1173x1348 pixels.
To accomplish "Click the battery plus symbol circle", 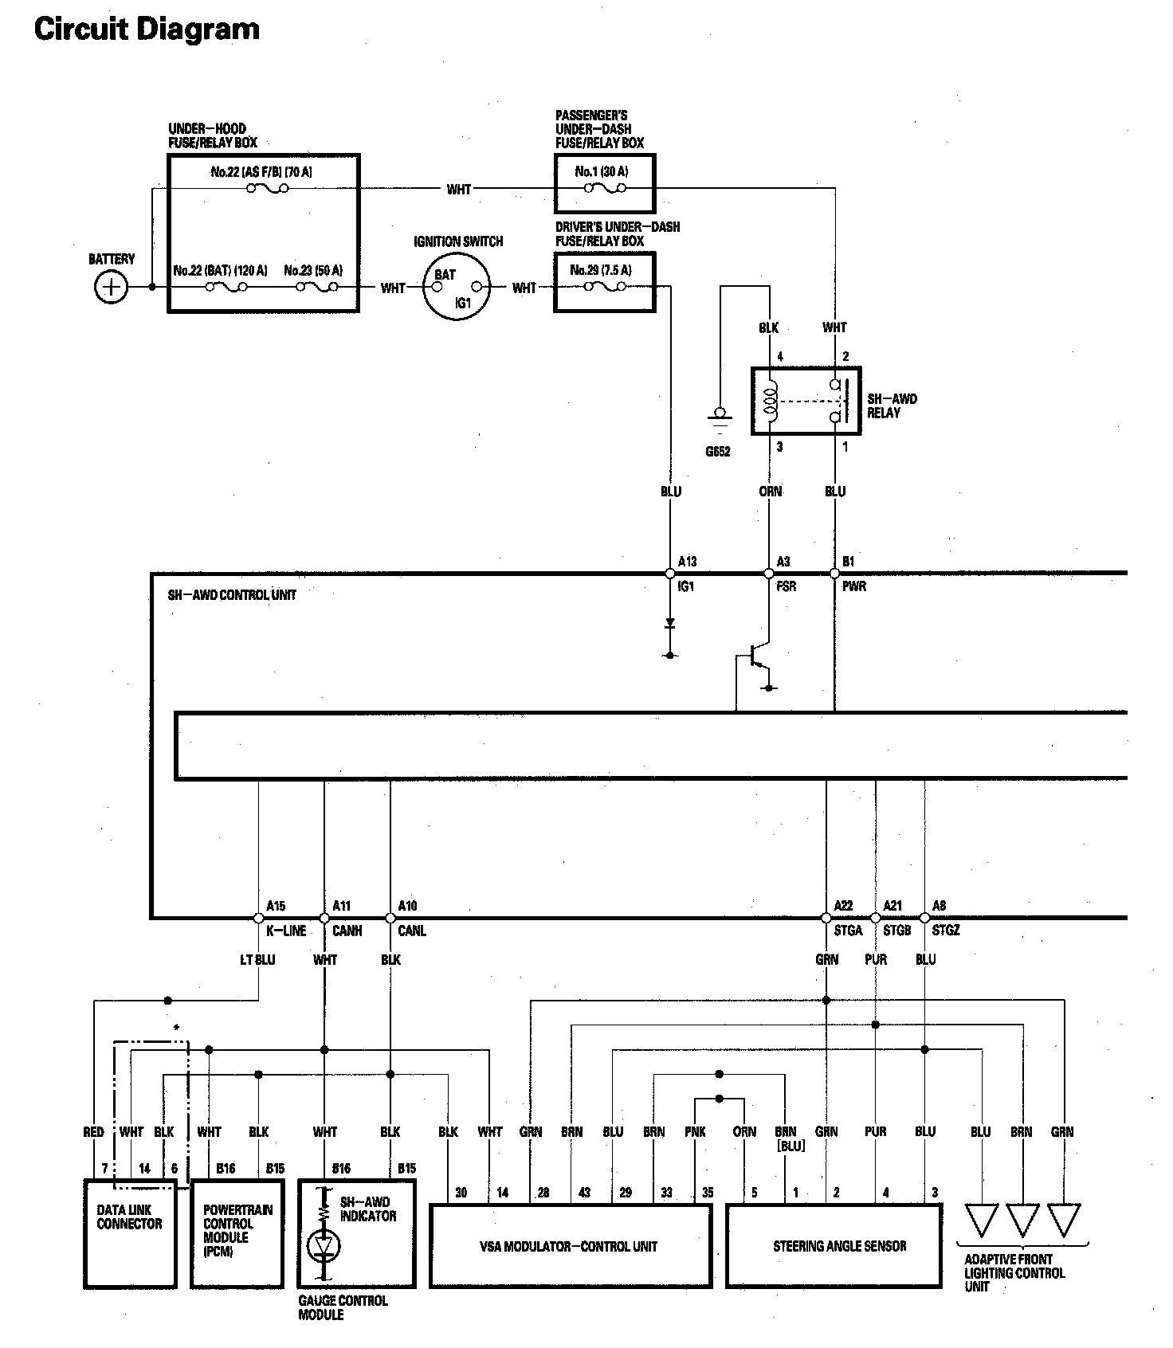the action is point(111,287).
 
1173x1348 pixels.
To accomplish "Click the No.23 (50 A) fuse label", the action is point(313,271).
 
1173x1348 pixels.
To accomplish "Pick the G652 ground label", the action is point(718,452).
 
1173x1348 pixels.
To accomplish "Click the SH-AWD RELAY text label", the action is point(892,406).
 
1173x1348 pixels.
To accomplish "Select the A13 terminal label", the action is point(687,562).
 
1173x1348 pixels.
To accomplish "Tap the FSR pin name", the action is point(786,586).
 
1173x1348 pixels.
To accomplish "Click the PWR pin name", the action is point(854,586).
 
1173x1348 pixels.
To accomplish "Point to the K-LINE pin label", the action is point(286,931).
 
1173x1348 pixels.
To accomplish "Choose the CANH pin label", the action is point(347,931).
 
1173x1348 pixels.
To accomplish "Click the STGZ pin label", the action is point(946,931).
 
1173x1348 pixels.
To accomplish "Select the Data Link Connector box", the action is point(130,1233).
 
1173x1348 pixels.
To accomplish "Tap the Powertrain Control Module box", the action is point(237,1233).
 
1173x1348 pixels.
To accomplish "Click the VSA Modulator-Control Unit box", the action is point(571,1246).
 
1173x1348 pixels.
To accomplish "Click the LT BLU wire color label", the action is point(257,960).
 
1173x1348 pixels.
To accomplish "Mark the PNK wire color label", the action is point(695,1132).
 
